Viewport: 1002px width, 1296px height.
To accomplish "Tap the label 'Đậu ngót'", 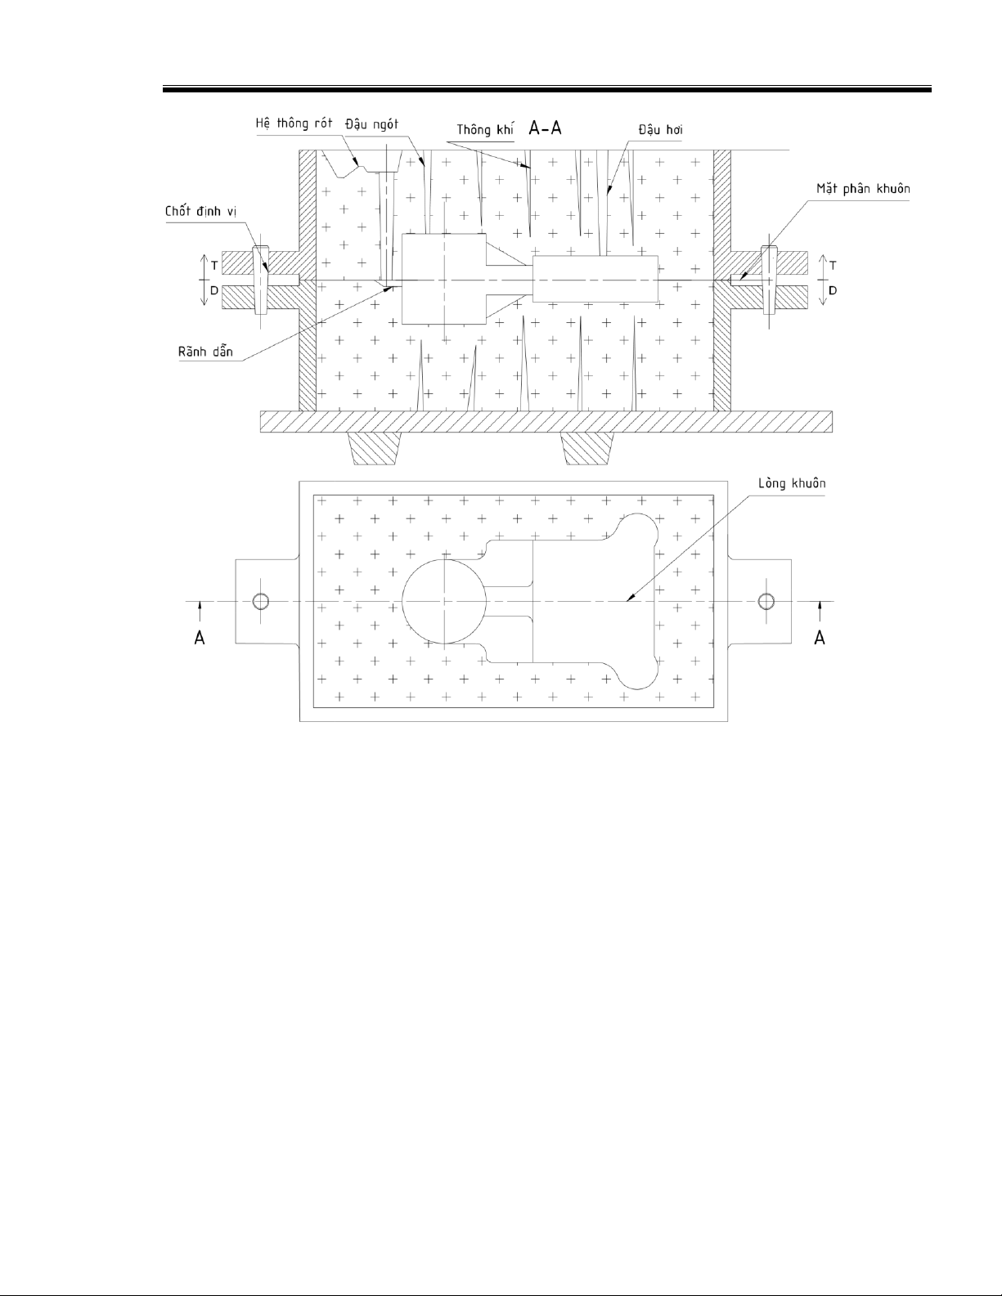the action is point(371,124).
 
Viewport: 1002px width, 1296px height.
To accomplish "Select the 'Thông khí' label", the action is point(485,129).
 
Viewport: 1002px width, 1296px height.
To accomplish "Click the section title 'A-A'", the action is point(545,128).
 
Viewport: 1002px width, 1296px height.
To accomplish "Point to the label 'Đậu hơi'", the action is point(660,129).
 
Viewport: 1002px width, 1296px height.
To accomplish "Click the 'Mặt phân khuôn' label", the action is point(863,189).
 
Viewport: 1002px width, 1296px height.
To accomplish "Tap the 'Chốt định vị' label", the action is point(200,212).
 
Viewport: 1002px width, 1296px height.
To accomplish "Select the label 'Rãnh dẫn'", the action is point(205,352).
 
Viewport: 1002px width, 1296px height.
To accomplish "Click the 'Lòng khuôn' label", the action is point(792,483).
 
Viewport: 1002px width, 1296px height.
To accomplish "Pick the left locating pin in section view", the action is point(261,280).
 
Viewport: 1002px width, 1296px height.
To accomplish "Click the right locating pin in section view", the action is point(770,280).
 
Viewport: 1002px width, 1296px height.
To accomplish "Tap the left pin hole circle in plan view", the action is point(261,601).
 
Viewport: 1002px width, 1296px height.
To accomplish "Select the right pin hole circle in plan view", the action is point(766,601).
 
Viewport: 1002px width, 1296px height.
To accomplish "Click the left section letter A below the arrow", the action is point(200,638).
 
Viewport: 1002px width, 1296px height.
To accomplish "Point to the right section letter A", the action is point(820,638).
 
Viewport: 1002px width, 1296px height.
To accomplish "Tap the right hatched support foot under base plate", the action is point(589,449).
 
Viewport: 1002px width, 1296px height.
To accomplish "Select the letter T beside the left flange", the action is point(214,265).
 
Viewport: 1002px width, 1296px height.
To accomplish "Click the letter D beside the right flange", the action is point(833,290).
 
